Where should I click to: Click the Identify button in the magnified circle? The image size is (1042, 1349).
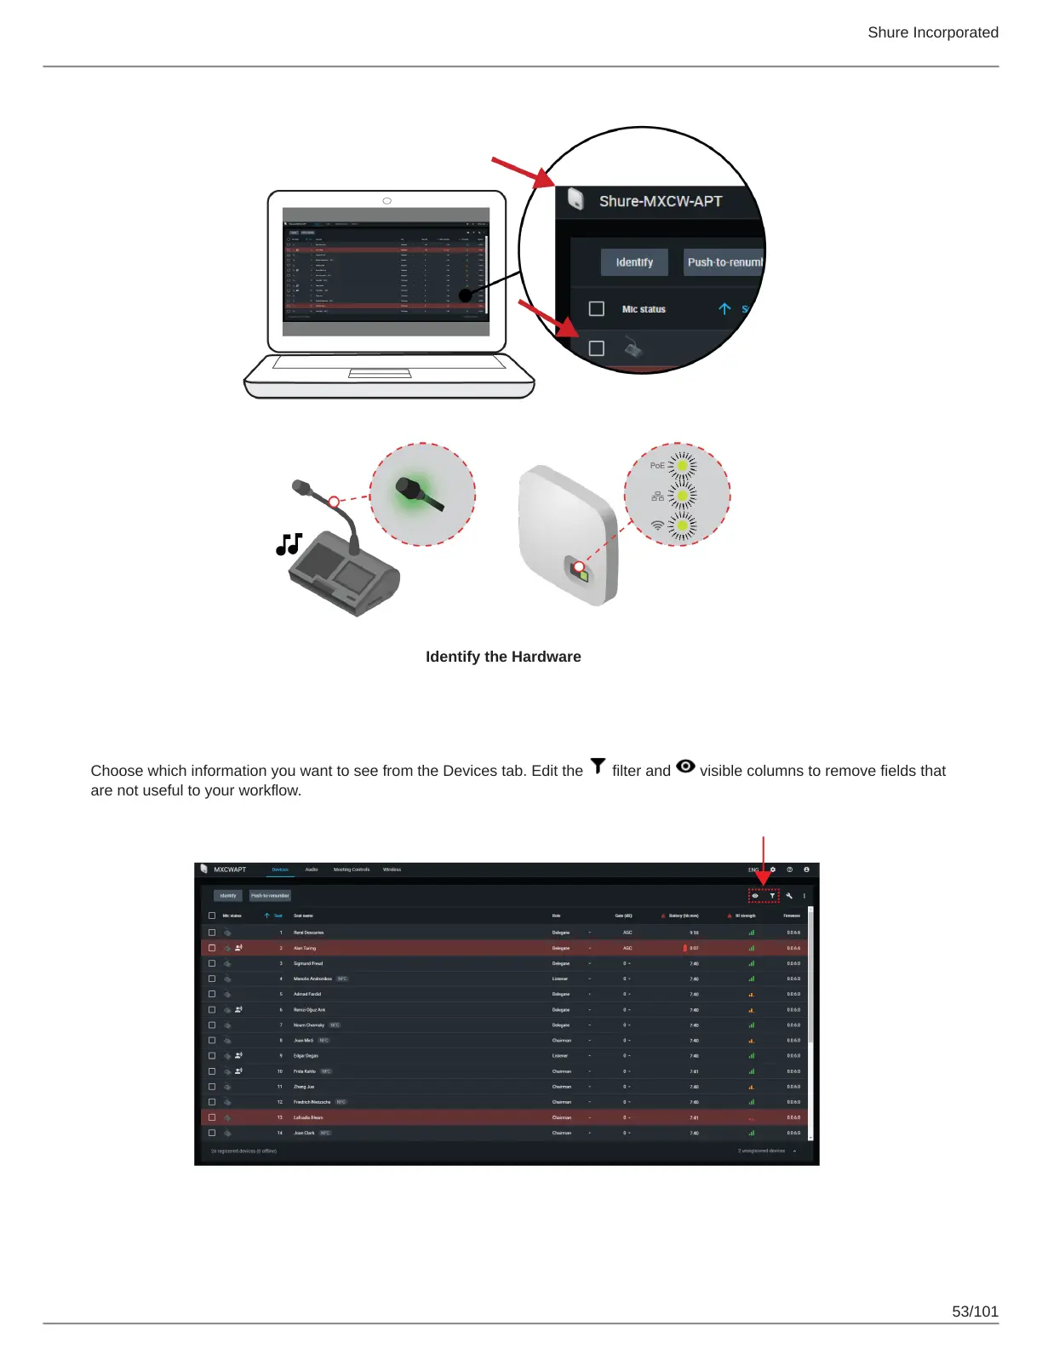tap(634, 262)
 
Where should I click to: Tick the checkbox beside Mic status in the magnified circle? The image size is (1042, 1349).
tap(597, 309)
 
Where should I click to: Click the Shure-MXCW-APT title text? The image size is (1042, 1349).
tap(661, 202)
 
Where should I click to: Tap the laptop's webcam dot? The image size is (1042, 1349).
tap(387, 201)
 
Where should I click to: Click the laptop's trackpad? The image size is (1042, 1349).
tap(380, 373)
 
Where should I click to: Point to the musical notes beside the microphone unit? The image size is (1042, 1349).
tap(289, 544)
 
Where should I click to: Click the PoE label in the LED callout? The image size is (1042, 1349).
tap(657, 466)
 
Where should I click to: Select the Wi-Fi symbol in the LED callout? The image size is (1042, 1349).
tap(657, 525)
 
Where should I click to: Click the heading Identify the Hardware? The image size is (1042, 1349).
tap(503, 657)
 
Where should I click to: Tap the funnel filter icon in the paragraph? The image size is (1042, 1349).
tap(598, 766)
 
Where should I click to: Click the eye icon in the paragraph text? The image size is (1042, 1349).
tap(685, 766)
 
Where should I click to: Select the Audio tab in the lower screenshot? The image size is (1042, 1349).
tap(312, 870)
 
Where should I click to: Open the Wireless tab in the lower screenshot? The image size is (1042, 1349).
tap(392, 870)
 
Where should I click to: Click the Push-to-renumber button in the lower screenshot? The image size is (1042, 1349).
tap(270, 896)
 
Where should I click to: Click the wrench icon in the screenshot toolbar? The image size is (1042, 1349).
tap(789, 896)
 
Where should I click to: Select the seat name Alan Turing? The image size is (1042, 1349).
tap(305, 948)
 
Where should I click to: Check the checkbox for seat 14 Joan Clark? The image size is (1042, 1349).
tap(212, 1133)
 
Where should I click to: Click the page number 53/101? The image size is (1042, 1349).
tap(975, 1312)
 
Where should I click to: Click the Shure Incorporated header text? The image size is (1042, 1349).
tap(933, 32)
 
